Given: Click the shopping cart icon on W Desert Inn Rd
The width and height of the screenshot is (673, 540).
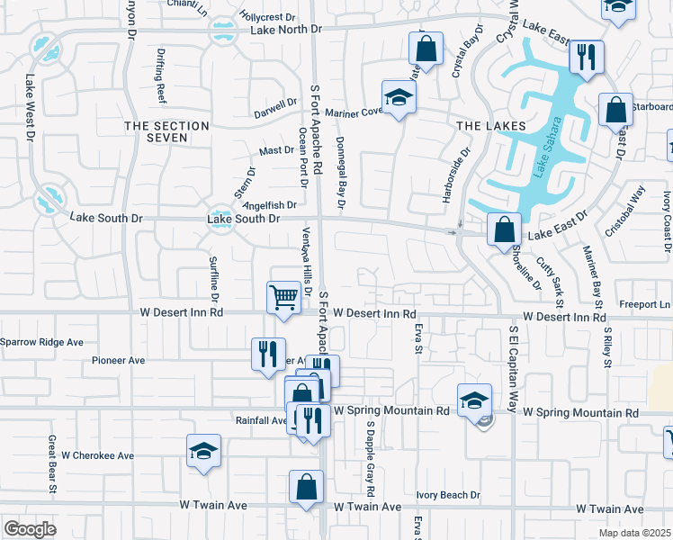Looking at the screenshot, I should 283,296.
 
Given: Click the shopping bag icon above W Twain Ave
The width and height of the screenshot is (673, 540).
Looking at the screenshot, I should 306,486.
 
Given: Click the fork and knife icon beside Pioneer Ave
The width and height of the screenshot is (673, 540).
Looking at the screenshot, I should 268,354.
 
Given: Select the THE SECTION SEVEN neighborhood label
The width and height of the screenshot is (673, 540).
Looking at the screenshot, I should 167,132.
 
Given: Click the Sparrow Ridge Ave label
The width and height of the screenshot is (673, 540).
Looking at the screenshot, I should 41,342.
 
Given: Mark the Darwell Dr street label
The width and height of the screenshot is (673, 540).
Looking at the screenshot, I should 275,105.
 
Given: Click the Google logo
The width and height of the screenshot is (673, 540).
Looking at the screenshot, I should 30,528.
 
